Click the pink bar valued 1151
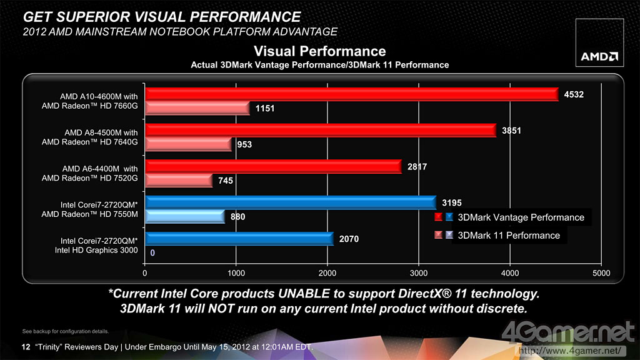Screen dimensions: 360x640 (197, 108)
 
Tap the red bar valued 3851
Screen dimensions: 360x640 (321, 130)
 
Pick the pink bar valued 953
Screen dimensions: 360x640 (188, 144)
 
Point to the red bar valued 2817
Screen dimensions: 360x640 (273, 166)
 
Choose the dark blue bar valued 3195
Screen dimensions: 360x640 (291, 202)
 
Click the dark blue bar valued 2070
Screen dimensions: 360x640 (239, 239)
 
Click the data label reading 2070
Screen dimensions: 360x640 (350, 239)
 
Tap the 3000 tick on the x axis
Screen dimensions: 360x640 (419, 273)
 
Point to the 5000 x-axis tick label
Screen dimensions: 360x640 (601, 273)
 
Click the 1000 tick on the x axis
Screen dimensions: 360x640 (236, 273)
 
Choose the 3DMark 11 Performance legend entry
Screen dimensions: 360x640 (509, 236)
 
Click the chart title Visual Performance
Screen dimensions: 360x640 (319, 51)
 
